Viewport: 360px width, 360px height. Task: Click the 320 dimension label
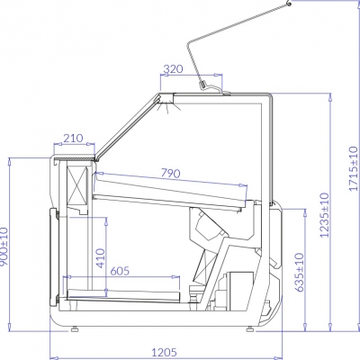tap(173, 69)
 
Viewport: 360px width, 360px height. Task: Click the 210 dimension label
tap(73, 139)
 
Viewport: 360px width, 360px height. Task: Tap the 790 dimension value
tap(171, 173)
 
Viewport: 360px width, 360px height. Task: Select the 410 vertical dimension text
tap(101, 258)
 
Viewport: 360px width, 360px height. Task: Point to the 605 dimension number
tap(120, 271)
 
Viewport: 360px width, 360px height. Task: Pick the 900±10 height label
tap(4, 247)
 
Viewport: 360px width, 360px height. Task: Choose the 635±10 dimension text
tap(300, 273)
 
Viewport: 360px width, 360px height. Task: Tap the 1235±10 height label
tap(324, 215)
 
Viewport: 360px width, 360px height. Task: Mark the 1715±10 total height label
tap(354, 168)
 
